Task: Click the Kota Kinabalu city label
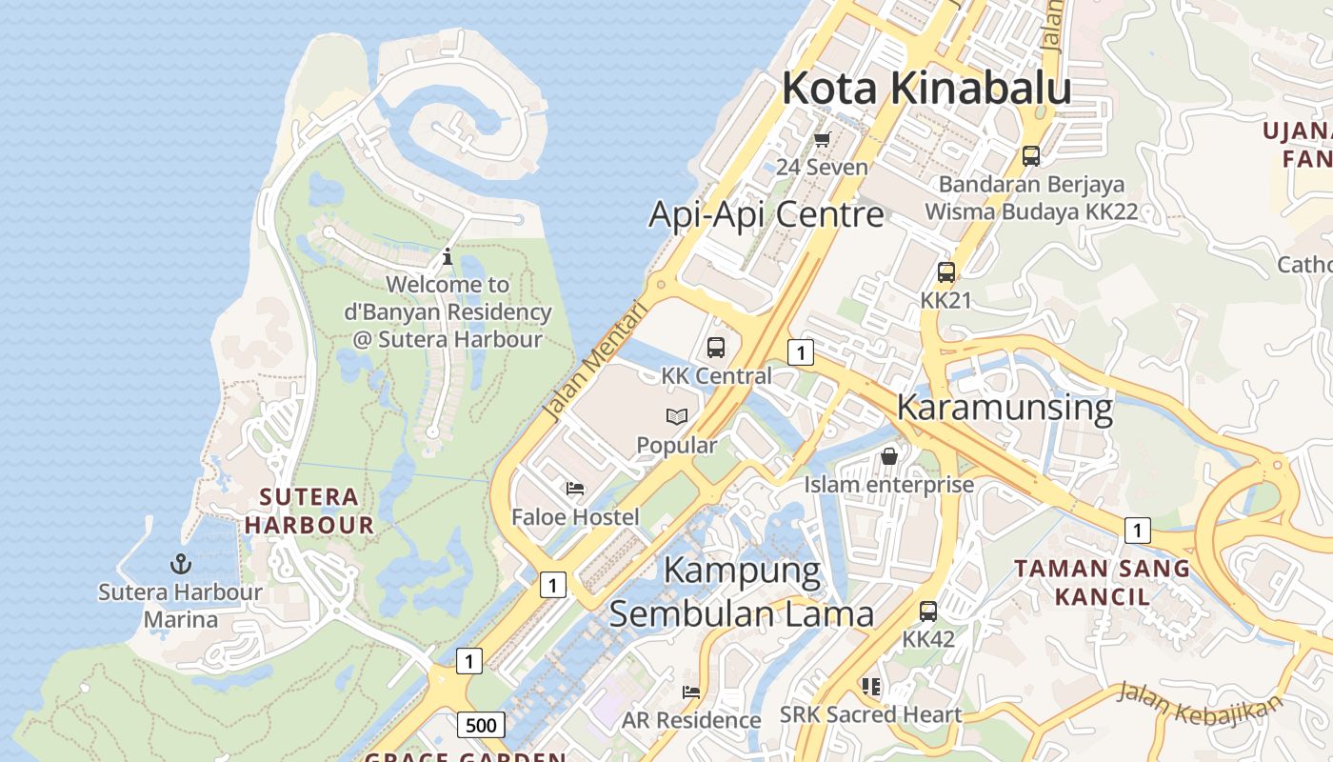[x=926, y=89]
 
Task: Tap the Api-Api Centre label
[x=766, y=214]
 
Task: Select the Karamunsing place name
[x=1005, y=408]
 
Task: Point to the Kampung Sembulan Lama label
[x=742, y=592]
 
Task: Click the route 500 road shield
[x=481, y=725]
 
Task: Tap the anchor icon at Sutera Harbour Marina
[x=181, y=564]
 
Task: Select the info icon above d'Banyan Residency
[x=448, y=256]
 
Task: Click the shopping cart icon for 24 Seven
[x=822, y=140]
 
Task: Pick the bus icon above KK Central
[x=716, y=348]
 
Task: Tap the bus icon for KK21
[x=945, y=272]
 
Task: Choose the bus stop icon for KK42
[x=928, y=612]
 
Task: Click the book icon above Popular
[x=677, y=416]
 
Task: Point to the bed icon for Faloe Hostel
[x=575, y=489]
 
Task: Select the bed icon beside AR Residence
[x=691, y=692]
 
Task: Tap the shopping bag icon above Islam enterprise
[x=889, y=456]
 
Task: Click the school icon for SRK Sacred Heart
[x=870, y=686]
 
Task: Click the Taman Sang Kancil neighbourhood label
[x=1102, y=583]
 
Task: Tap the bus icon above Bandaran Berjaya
[x=1030, y=155]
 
